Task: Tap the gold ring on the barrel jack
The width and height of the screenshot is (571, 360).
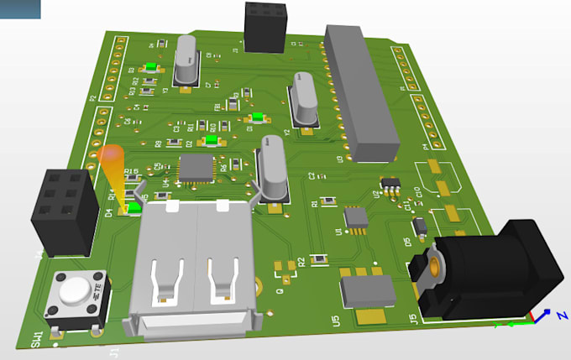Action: pyautogui.click(x=434, y=267)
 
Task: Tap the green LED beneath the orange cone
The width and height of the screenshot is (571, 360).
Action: pyautogui.click(x=134, y=206)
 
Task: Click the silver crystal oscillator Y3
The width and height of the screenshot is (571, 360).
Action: pyautogui.click(x=186, y=61)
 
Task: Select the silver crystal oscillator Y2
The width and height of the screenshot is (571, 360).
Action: pyautogui.click(x=302, y=98)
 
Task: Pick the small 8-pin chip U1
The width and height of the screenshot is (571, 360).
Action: pyautogui.click(x=356, y=218)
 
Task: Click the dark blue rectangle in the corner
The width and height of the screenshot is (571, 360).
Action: pyautogui.click(x=20, y=9)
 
